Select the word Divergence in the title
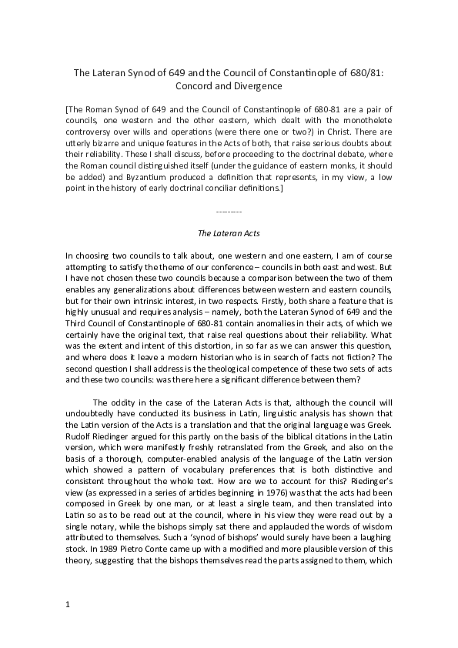256,86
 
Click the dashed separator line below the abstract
229,210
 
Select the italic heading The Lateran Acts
229,232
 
